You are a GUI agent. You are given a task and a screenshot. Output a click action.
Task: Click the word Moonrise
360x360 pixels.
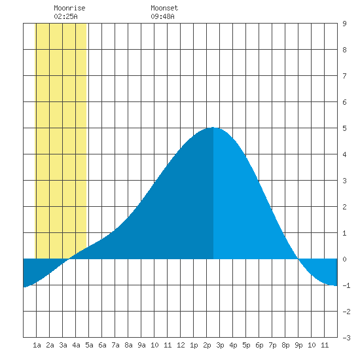[69, 8]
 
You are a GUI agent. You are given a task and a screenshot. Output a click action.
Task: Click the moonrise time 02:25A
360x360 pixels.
[65, 16]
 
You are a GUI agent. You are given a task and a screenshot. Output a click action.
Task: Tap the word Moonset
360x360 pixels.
[164, 8]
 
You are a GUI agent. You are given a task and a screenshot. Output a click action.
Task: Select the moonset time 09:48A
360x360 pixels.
[162, 16]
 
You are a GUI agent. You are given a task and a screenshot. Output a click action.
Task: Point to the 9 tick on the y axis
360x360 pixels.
[344, 24]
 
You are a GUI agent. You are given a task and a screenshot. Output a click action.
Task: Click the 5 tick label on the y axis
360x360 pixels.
[344, 128]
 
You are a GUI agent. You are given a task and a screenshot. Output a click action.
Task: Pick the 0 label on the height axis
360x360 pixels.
[344, 259]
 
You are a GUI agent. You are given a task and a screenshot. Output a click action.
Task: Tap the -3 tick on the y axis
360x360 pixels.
[346, 338]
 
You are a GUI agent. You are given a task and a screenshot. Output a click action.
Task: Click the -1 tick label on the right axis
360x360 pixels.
[346, 285]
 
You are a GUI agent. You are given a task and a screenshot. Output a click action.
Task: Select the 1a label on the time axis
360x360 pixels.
[37, 345]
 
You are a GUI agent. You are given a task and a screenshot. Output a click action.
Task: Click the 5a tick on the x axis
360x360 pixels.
[89, 345]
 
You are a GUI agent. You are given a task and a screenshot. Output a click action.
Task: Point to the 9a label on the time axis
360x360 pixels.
[141, 345]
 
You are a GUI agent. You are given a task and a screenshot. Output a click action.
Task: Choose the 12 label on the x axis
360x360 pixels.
[181, 345]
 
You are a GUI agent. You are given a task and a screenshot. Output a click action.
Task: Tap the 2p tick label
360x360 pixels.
[207, 345]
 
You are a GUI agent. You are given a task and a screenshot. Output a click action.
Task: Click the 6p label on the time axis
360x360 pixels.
[259, 345]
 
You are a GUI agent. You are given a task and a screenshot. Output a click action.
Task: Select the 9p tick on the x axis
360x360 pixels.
[298, 345]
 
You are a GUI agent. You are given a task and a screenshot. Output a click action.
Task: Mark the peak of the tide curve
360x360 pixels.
[213, 128]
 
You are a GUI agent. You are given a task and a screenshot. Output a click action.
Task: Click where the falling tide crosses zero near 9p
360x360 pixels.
[298, 259]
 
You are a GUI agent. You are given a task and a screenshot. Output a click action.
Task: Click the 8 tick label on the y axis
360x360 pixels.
[344, 50]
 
